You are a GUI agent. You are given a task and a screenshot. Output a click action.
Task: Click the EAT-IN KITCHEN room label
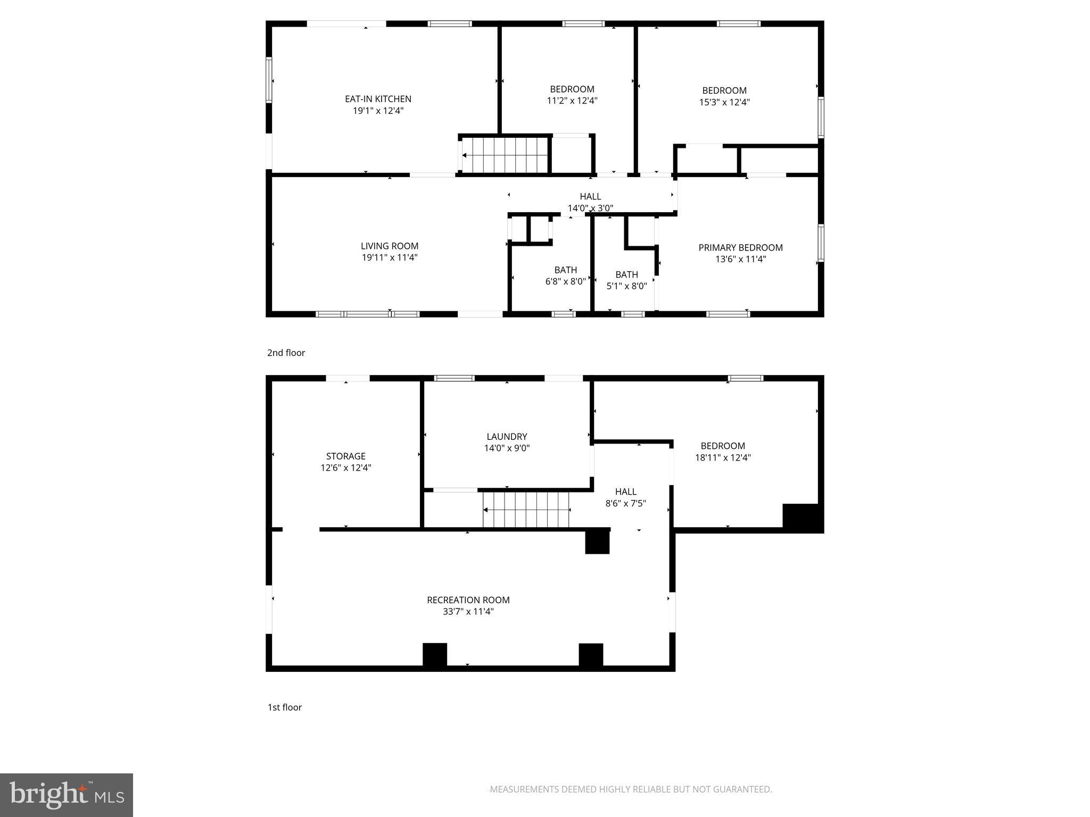378,99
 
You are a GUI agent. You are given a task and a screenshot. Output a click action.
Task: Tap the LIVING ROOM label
390,246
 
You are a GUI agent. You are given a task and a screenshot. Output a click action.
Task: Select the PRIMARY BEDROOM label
740,248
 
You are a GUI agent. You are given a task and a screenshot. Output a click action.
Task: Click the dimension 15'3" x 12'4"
724,102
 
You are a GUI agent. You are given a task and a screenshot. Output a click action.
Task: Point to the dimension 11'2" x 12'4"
572,101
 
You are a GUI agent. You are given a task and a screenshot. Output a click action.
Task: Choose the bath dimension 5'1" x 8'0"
626,286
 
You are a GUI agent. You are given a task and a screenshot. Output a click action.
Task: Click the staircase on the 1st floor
526,510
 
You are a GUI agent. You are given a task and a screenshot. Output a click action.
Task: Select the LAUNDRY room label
507,437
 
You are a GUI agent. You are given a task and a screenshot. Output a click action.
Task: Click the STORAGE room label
345,456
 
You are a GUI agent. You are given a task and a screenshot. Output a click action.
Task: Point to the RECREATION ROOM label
468,600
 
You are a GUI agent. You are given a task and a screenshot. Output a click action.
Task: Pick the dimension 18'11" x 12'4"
723,457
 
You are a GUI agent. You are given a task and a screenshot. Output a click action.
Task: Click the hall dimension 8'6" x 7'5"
625,503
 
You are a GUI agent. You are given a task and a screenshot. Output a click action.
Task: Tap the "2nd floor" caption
286,353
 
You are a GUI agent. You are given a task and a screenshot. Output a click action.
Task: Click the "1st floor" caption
284,707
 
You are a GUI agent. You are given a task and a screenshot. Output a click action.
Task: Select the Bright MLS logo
67,795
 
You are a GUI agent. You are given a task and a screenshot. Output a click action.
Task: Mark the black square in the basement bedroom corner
802,518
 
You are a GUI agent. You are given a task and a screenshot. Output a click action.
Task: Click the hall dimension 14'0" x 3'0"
590,209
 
